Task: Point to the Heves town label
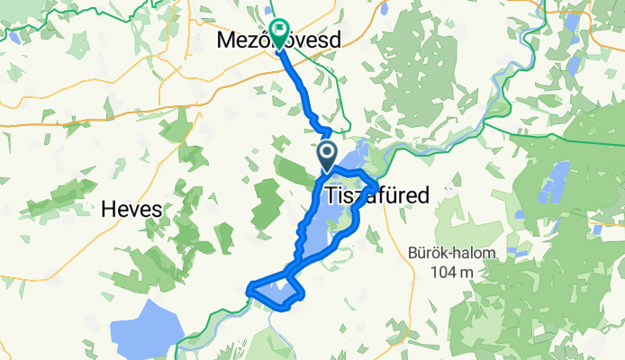[132, 209]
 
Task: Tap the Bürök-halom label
[451, 254]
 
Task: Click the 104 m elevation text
[451, 273]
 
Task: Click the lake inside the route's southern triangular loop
[280, 290]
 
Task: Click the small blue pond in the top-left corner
[14, 38]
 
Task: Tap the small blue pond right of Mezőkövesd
[383, 12]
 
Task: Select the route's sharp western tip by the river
[249, 289]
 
